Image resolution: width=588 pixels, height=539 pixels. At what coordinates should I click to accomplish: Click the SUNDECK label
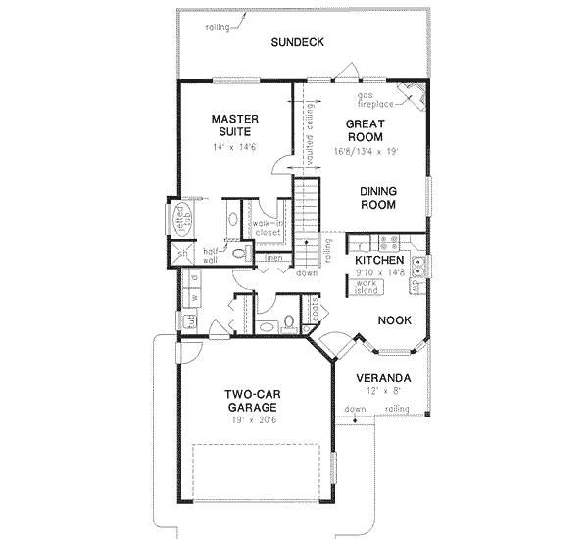tap(298, 42)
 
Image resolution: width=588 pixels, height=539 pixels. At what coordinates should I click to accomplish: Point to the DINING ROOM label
tap(377, 199)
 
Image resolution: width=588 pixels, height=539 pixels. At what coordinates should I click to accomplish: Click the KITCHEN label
tap(379, 260)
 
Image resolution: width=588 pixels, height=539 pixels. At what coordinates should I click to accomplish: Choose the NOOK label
tap(395, 320)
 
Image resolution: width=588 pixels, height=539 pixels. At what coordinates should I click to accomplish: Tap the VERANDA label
tap(383, 378)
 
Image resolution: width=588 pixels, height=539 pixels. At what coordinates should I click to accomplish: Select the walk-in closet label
tap(267, 229)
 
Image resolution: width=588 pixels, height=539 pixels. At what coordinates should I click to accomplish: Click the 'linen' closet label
tap(273, 258)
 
